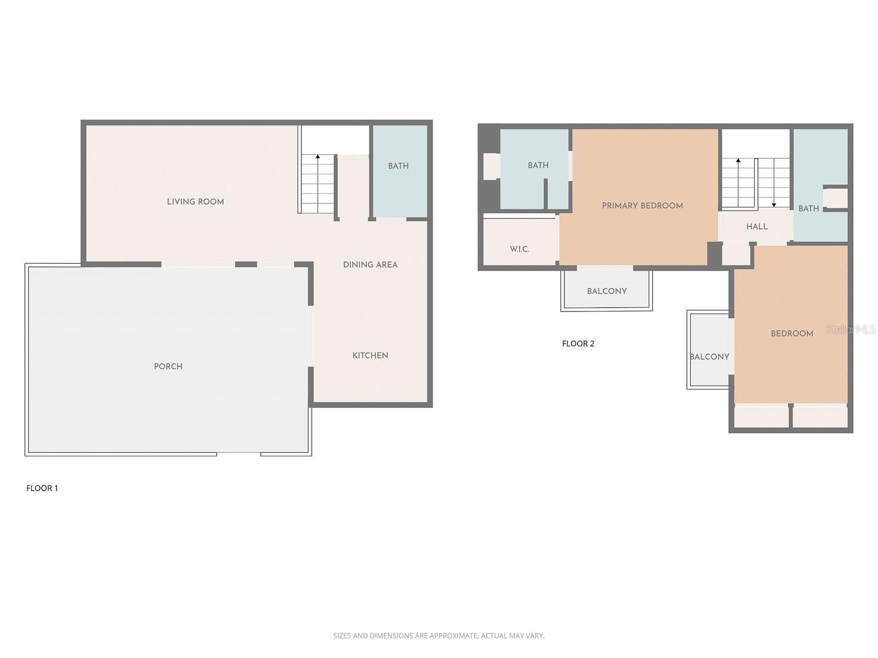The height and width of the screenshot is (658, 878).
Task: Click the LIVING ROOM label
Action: coord(195,202)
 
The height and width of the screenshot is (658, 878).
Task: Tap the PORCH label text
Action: coord(168,366)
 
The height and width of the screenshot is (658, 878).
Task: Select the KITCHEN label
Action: coord(370,355)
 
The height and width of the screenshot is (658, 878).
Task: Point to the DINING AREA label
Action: coord(370,265)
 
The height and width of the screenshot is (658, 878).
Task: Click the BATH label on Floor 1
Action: coord(398,166)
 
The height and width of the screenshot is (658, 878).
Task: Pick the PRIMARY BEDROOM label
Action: coord(642,206)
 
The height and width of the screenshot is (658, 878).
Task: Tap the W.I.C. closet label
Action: coord(519,249)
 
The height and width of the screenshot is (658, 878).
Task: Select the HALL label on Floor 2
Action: coord(757,226)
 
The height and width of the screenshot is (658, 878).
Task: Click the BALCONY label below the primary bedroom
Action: coord(606,291)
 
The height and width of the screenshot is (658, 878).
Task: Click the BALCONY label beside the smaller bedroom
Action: coord(709,356)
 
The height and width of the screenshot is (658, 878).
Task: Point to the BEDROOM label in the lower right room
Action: coord(791,333)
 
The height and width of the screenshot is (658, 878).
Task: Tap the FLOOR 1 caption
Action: coord(42,488)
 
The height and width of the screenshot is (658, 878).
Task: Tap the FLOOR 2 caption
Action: coord(578,344)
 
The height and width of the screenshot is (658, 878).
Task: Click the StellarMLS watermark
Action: coord(851,330)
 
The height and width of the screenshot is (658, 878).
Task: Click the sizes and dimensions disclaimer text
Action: coord(438,636)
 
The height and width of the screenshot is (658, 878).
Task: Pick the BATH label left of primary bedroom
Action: coord(538,165)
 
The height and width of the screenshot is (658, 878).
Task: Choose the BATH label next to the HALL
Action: coord(808,208)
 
